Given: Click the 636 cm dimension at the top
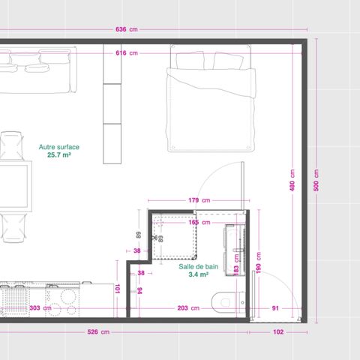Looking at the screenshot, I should click(126, 30).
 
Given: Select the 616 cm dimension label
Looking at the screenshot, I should click(126, 53).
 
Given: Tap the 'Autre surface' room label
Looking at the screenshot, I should click(58, 147).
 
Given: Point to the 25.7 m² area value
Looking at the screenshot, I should click(58, 155).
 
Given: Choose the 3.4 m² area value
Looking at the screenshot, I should click(198, 274).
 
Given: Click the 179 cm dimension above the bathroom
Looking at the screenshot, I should click(199, 200).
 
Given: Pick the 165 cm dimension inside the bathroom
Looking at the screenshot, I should click(199, 222).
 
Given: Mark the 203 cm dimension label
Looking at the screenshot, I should click(188, 308).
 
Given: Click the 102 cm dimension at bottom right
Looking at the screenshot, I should click(277, 331).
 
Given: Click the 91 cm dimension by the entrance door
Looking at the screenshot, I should click(275, 308).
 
